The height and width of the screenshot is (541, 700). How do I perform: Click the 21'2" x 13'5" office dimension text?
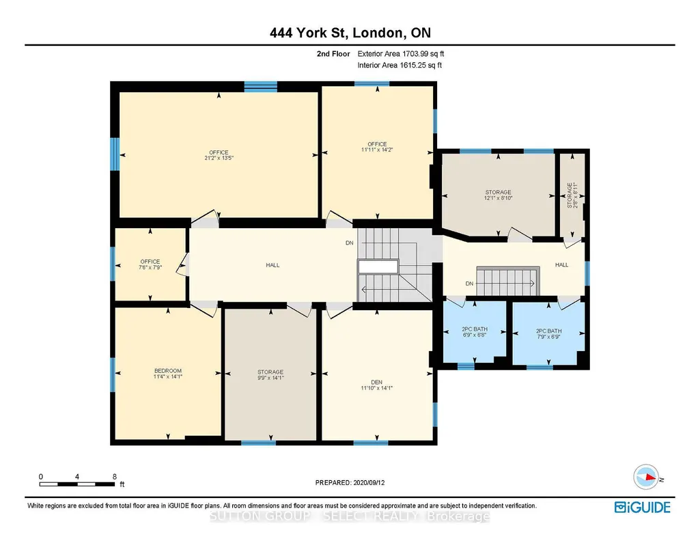coord(219,158)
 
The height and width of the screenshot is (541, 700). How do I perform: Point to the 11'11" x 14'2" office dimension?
coord(377,150)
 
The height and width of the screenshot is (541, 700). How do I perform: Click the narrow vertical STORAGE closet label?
coord(570,195)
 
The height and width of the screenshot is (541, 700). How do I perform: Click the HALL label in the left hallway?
coord(272,265)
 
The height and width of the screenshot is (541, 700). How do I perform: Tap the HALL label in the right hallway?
coord(561,265)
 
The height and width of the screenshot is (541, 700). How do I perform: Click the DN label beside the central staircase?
coord(350,242)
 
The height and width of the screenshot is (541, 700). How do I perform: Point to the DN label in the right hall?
coord(469,283)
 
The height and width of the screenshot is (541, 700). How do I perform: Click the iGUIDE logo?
coord(643,508)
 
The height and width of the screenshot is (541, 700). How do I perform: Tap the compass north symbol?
coord(647,477)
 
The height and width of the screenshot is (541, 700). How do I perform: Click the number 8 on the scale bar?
coord(115,476)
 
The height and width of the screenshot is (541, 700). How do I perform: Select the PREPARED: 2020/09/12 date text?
coord(350,482)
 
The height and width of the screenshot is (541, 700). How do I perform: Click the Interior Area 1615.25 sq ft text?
coord(400,65)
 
